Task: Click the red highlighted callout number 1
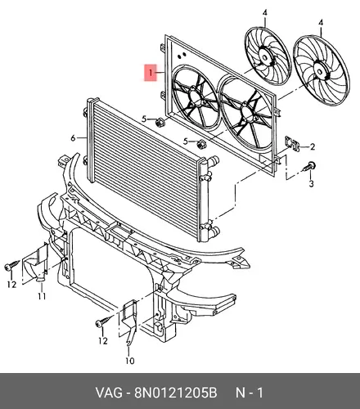pyautogui.click(x=151, y=73)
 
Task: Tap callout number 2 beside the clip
pyautogui.click(x=313, y=146)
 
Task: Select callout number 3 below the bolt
pyautogui.click(x=312, y=183)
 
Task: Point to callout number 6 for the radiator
pyautogui.click(x=73, y=138)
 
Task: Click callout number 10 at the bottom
pyautogui.click(x=130, y=361)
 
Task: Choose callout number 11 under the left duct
pyautogui.click(x=42, y=295)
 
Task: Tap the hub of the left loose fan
pyautogui.click(x=264, y=58)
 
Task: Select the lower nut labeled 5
pyautogui.click(x=200, y=144)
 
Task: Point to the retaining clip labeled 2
pyautogui.click(x=292, y=143)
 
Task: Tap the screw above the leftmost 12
pyautogui.click(x=11, y=265)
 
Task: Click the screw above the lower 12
pyautogui.click(x=103, y=321)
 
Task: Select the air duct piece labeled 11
pyautogui.click(x=35, y=264)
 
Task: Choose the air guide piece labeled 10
pyautogui.click(x=128, y=321)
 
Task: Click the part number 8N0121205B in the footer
pyautogui.click(x=175, y=393)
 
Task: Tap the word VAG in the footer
pyautogui.click(x=109, y=393)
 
